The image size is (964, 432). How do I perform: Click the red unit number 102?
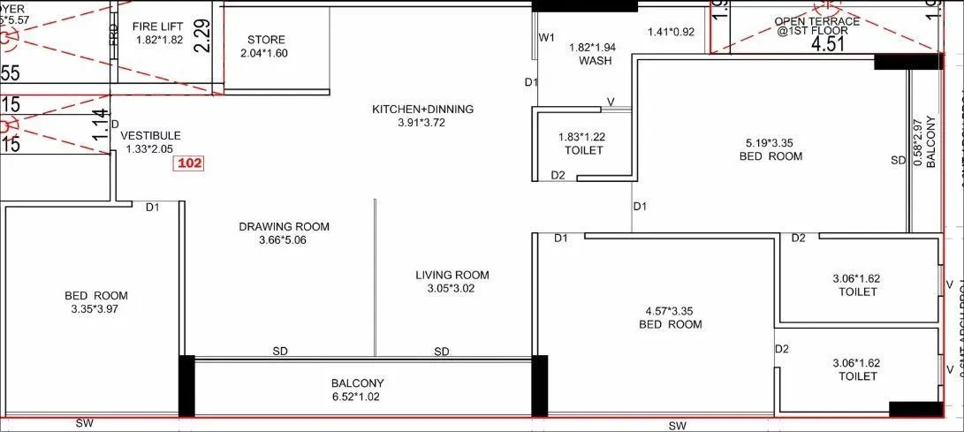coord(191,163)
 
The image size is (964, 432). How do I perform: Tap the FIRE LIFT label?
coord(159,26)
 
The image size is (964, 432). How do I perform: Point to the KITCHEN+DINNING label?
coord(422,110)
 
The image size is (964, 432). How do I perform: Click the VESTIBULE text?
coord(150,135)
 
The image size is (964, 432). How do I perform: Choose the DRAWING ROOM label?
coord(284,227)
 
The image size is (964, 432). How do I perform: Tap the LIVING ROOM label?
coord(452,275)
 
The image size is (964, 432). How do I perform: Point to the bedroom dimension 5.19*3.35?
coord(770,142)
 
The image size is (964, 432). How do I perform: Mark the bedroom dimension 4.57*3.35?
coord(670,310)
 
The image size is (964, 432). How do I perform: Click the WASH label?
coord(595,61)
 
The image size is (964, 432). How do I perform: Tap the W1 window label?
coord(547,37)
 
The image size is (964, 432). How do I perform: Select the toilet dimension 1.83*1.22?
coord(581,137)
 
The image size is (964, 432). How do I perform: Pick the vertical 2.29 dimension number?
coord(203,36)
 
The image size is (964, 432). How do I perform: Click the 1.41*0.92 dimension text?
coord(672,33)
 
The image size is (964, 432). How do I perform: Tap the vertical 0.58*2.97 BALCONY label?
coord(923,143)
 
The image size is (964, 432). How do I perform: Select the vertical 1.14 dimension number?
coord(101,125)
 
